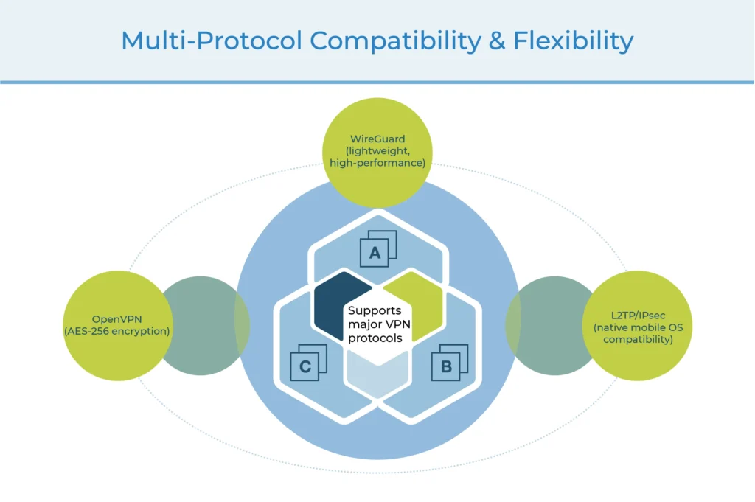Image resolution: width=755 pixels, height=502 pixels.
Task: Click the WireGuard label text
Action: [377, 139]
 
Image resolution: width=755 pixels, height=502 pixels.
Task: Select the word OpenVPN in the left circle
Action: [116, 319]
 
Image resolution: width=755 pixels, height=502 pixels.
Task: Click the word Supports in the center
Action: [374, 310]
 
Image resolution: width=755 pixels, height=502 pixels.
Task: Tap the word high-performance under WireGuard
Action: [377, 163]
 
